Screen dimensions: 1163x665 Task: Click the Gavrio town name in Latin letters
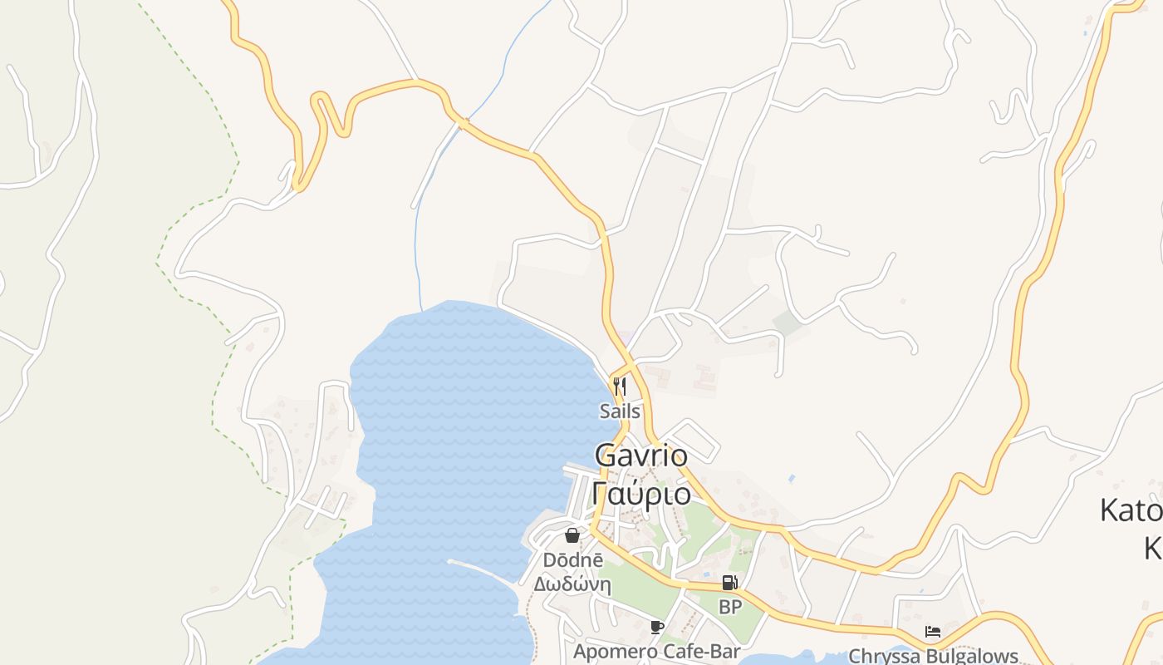pos(641,456)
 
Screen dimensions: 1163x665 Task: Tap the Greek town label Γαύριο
pos(641,494)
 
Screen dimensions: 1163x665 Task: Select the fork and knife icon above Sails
pos(619,387)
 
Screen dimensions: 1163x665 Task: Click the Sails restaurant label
pos(620,411)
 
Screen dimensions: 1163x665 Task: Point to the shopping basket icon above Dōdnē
pos(572,535)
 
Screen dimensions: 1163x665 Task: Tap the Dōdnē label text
pos(573,560)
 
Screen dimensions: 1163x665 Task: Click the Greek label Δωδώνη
pos(572,584)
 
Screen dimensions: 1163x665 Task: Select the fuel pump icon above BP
pos(729,584)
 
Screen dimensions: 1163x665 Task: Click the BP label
pos(730,608)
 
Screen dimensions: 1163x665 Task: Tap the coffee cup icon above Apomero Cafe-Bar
pos(657,628)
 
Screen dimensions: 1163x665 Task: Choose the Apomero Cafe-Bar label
pos(656,652)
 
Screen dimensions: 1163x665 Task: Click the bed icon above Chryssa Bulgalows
pos(933,633)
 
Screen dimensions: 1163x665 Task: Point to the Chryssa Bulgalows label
pos(933,656)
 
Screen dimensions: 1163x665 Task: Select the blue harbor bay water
pos(465,416)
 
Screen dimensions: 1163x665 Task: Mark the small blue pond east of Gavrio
pos(790,480)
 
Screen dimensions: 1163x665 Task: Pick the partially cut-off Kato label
pos(1131,510)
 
